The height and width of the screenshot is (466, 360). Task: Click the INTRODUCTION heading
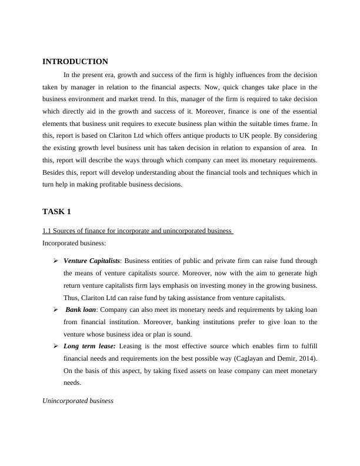pyautogui.click(x=75, y=62)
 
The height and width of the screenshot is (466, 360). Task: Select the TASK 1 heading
pyautogui.click(x=56, y=212)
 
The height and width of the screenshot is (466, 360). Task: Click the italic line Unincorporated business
pyautogui.click(x=78, y=401)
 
